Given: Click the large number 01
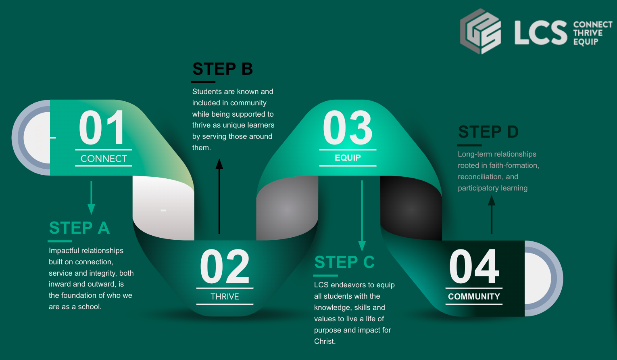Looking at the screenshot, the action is pyautogui.click(x=101, y=127).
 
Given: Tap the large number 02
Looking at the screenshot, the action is pyautogui.click(x=225, y=266).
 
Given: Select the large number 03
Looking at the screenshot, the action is pyautogui.click(x=348, y=128).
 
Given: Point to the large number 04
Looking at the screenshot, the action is pyautogui.click(x=474, y=266).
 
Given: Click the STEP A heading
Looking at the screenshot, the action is pyautogui.click(x=79, y=228).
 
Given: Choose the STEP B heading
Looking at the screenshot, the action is pyautogui.click(x=223, y=69).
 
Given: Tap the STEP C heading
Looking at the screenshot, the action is pyautogui.click(x=344, y=262).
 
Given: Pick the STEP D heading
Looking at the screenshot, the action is pyautogui.click(x=488, y=132).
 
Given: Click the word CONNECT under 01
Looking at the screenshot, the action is pyautogui.click(x=104, y=159).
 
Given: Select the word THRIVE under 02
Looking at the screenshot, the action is pyautogui.click(x=225, y=297).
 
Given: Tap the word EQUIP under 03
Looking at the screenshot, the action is pyautogui.click(x=348, y=158).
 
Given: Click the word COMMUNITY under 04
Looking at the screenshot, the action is pyautogui.click(x=474, y=297).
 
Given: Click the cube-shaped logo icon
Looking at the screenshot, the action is pyautogui.click(x=481, y=31).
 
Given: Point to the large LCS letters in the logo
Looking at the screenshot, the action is pyautogui.click(x=541, y=33).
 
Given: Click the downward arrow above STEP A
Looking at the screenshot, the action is pyautogui.click(x=91, y=198).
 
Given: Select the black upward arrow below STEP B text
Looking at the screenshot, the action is pyautogui.click(x=219, y=196).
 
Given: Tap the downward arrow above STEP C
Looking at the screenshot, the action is pyautogui.click(x=362, y=216).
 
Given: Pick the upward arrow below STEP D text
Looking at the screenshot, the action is pyautogui.click(x=492, y=214).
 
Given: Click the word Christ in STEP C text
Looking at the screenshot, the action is pyautogui.click(x=325, y=341).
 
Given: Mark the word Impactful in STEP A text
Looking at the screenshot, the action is pyautogui.click(x=63, y=251).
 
